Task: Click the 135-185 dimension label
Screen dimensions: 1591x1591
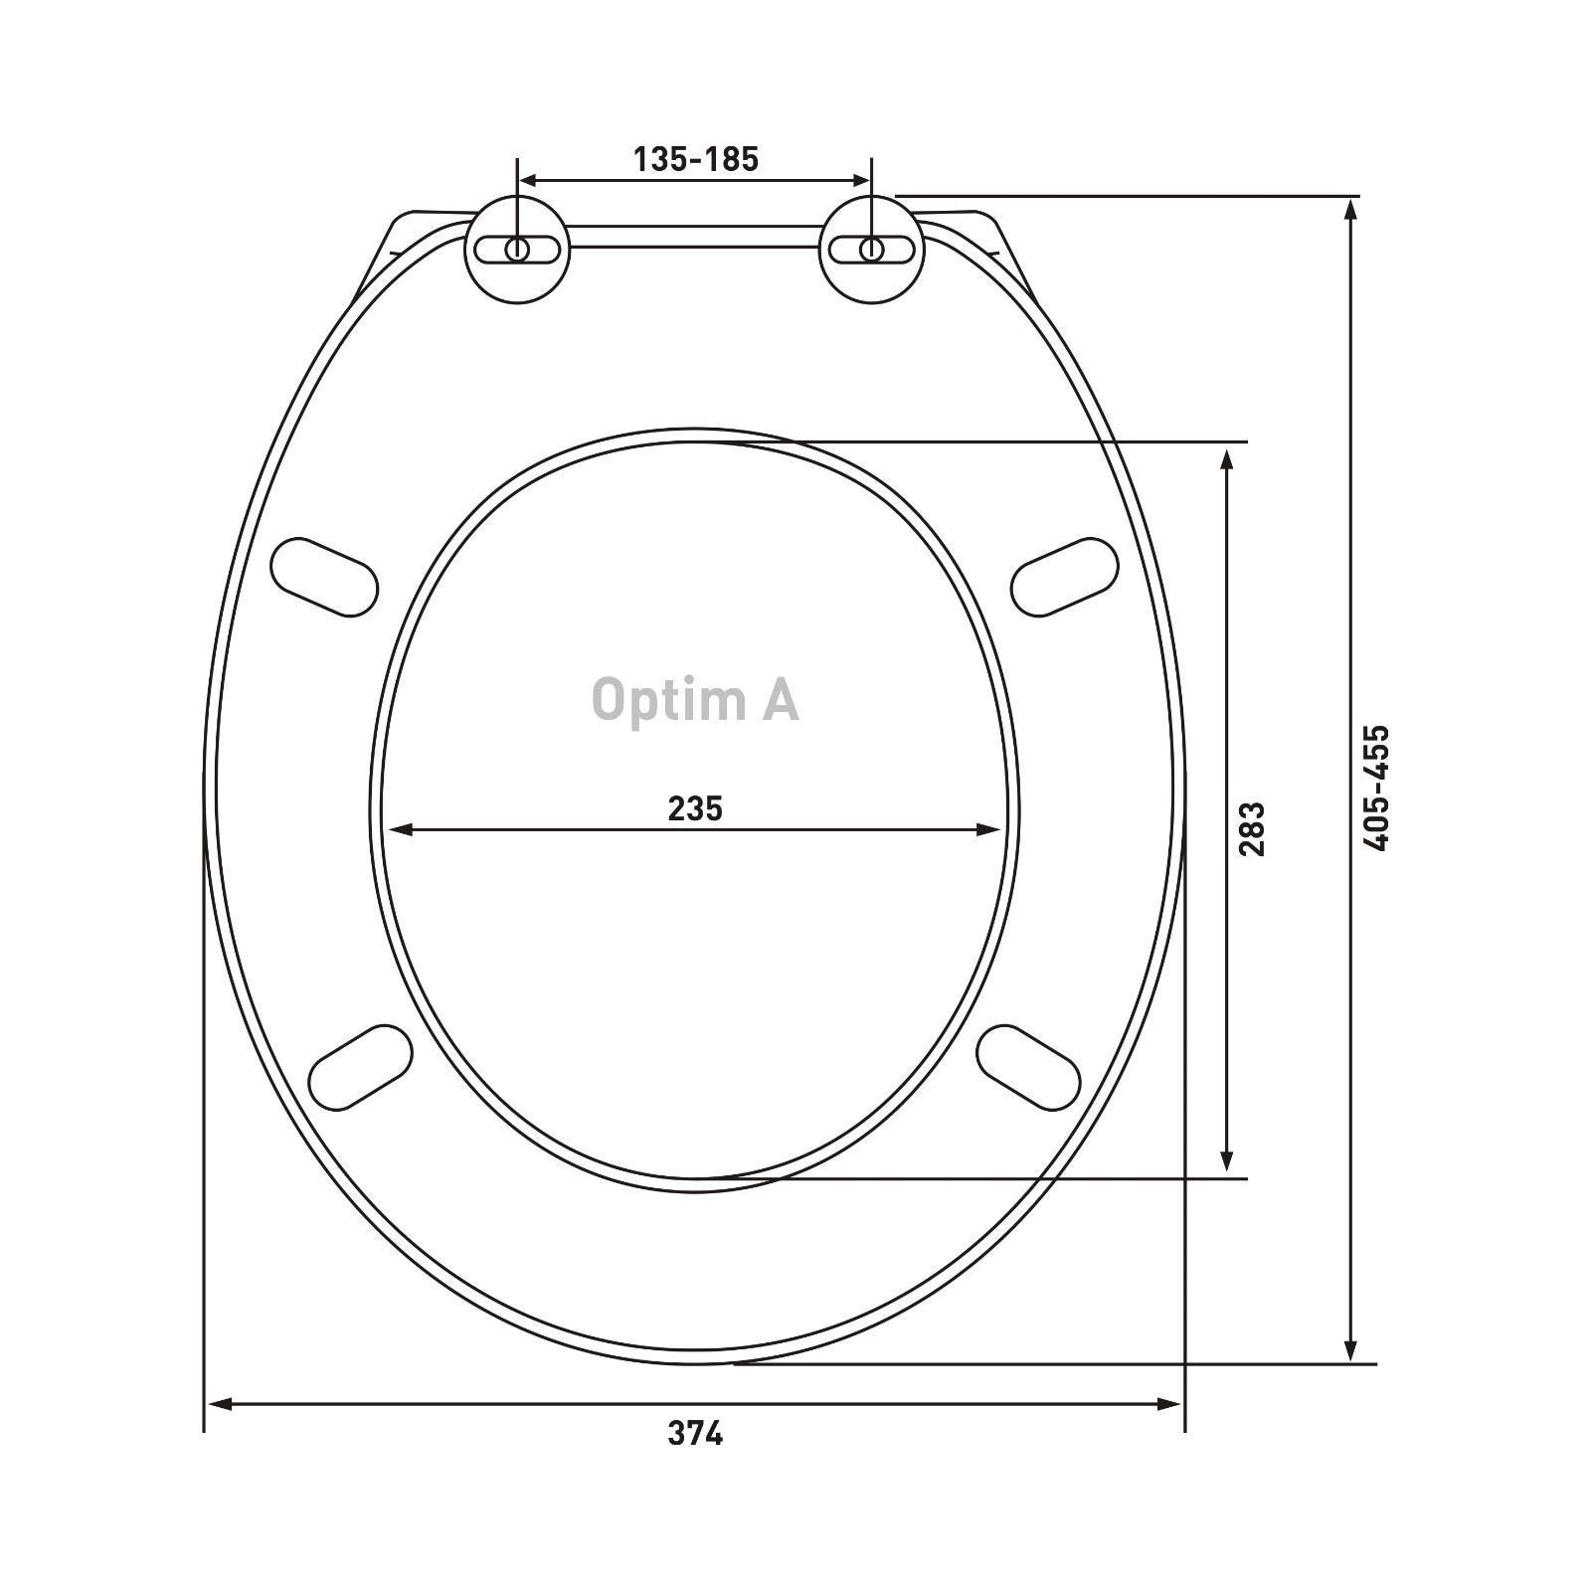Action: point(696,159)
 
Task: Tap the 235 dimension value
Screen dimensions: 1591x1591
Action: point(695,808)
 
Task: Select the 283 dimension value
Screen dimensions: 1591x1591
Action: point(1251,829)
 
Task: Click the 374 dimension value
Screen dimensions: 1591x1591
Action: point(695,1433)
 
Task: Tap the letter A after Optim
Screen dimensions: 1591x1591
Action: point(781,699)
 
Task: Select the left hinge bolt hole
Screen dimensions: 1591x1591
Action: point(517,249)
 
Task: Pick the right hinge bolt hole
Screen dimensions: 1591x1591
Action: point(871,249)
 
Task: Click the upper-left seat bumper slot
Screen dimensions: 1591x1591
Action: point(324,577)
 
